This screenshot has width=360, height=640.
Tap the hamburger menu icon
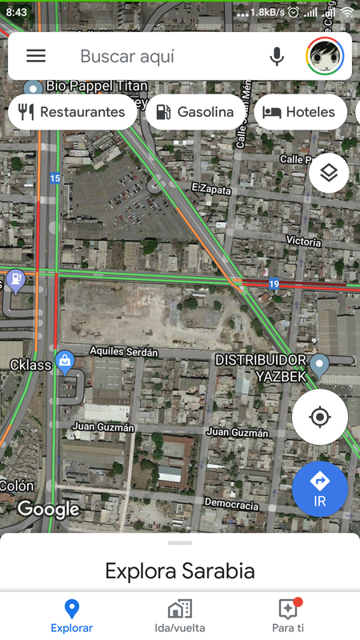click(36, 56)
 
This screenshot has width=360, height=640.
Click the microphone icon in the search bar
click(277, 56)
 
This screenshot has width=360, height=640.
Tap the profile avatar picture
click(325, 56)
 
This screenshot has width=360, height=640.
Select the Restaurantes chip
click(73, 112)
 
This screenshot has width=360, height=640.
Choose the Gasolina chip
click(195, 112)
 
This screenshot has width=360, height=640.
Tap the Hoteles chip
click(300, 112)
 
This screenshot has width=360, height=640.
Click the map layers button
click(329, 173)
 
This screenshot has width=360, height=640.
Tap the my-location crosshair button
click(320, 417)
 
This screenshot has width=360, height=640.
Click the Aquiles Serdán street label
click(124, 352)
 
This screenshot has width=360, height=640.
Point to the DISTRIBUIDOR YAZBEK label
click(260, 367)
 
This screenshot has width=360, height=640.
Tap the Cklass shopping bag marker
click(66, 362)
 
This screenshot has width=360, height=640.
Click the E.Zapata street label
click(211, 190)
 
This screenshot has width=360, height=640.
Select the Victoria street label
click(303, 241)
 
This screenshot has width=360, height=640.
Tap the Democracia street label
click(232, 506)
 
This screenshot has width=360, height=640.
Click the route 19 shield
click(274, 283)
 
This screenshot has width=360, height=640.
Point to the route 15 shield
click(54, 178)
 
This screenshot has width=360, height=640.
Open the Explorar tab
click(72, 615)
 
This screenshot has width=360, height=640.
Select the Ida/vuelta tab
click(180, 615)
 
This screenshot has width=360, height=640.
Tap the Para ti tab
click(288, 615)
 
